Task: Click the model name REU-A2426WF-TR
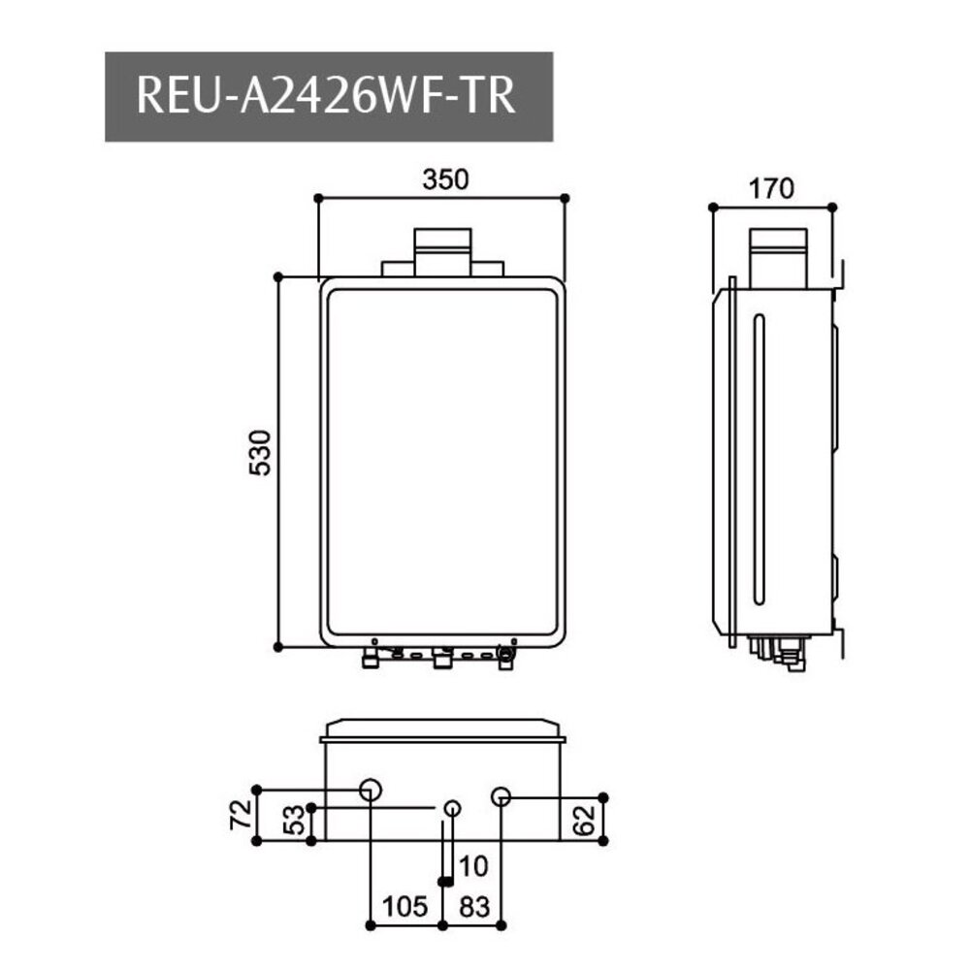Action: pyautogui.click(x=328, y=97)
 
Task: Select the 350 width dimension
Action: pyautogui.click(x=445, y=180)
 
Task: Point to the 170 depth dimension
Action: pyautogui.click(x=772, y=188)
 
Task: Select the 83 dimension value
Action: pyautogui.click(x=472, y=907)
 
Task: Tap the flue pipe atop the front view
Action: pyautogui.click(x=442, y=251)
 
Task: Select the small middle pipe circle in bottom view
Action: pyautogui.click(x=452, y=808)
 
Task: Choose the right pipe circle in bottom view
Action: pyautogui.click(x=501, y=797)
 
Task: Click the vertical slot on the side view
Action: pyautogui.click(x=759, y=456)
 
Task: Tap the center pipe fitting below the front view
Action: pyautogui.click(x=442, y=660)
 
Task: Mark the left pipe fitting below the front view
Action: pyautogui.click(x=370, y=661)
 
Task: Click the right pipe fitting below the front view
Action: pyautogui.click(x=505, y=657)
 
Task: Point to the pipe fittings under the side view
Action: pyautogui.click(x=782, y=650)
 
